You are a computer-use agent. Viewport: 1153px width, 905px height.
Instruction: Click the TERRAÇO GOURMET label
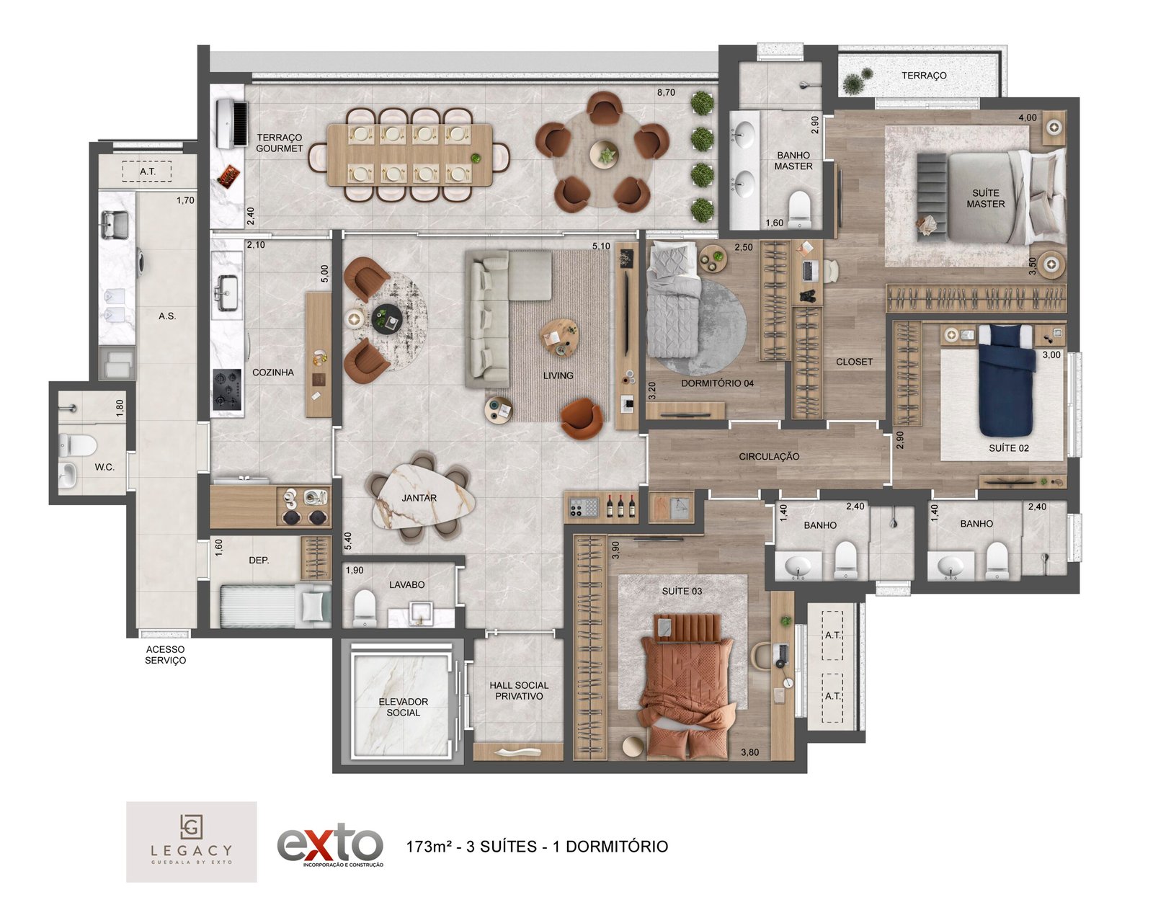click(x=279, y=143)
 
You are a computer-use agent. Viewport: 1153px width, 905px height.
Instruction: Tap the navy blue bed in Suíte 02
click(x=1006, y=380)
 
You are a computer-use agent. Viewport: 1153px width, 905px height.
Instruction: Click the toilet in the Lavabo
click(x=365, y=608)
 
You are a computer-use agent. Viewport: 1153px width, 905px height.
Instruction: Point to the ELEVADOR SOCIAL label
click(x=404, y=707)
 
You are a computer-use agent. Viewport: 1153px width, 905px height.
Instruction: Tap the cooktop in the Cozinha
click(x=227, y=389)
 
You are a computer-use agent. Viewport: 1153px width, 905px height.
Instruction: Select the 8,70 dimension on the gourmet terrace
click(x=666, y=92)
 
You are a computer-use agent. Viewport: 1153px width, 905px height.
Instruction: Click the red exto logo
click(x=329, y=846)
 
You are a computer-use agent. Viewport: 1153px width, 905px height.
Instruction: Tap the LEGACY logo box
click(x=191, y=842)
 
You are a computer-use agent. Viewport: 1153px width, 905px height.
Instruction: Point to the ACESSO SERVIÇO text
click(x=166, y=655)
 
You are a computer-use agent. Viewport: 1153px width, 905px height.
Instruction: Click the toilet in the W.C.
click(x=78, y=445)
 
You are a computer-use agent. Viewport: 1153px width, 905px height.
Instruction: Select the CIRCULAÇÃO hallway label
click(x=769, y=456)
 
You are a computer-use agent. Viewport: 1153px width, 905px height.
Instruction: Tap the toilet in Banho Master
click(x=799, y=209)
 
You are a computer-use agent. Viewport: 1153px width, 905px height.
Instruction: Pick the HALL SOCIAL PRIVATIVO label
click(x=519, y=691)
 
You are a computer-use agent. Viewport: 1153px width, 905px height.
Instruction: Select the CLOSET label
click(x=854, y=362)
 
